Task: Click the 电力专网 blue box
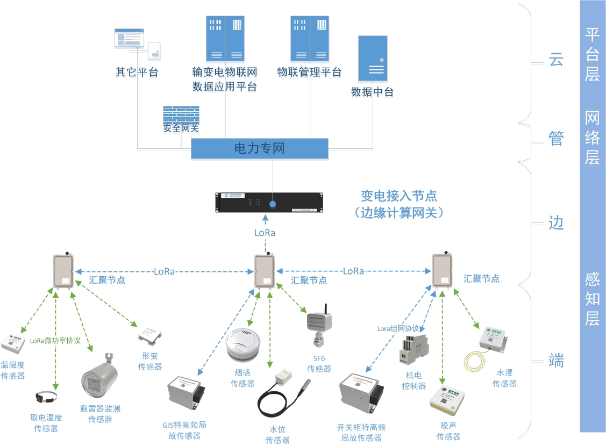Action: tap(259, 149)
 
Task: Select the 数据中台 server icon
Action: tap(373, 59)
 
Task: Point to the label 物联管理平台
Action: tap(309, 72)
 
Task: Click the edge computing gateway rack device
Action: tap(272, 203)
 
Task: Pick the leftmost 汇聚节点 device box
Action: tap(63, 271)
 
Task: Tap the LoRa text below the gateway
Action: tap(265, 233)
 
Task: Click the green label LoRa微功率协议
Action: tap(55, 340)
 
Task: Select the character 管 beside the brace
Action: tap(555, 139)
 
